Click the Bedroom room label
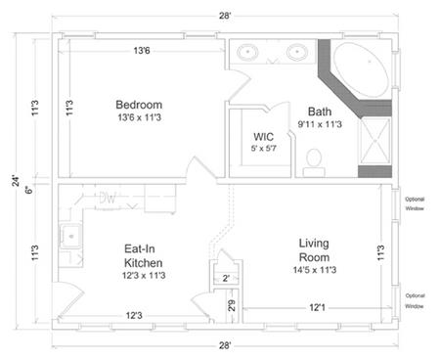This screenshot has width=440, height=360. pyautogui.click(x=139, y=105)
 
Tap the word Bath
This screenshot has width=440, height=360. pyautogui.click(x=321, y=112)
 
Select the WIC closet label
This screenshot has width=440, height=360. pyautogui.click(x=263, y=136)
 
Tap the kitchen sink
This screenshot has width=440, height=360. pyautogui.click(x=70, y=236)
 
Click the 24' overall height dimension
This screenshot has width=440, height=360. pyautogui.click(x=15, y=180)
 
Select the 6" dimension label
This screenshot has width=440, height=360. pyautogui.click(x=28, y=189)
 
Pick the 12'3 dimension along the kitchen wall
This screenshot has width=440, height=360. pyautogui.click(x=136, y=316)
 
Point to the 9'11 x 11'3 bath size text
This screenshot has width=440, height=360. pyautogui.click(x=320, y=125)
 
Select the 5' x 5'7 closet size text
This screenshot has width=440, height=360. pyautogui.click(x=264, y=149)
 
